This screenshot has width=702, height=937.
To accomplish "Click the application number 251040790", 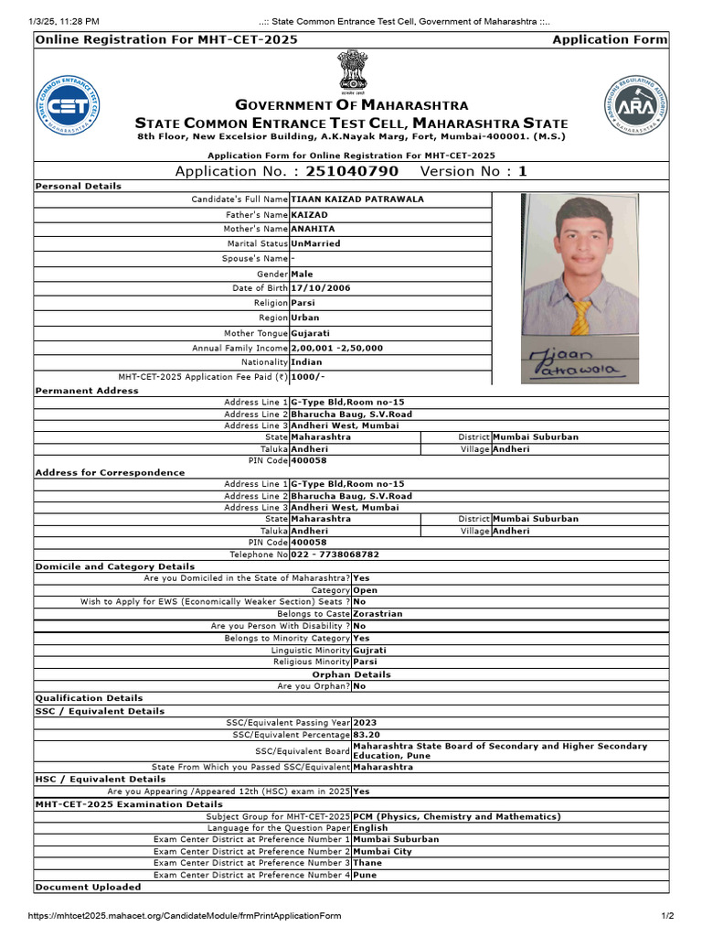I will (x=352, y=171).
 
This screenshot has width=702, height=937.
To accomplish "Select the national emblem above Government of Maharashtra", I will (x=352, y=70).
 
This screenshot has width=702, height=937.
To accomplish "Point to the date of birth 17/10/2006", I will (x=320, y=288).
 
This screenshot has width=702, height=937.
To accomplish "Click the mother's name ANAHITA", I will (x=313, y=229).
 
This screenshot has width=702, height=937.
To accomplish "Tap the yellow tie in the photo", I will (x=580, y=317).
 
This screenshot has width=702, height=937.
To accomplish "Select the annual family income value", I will (x=336, y=349).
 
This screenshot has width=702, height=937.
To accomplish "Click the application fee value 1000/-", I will (x=308, y=377).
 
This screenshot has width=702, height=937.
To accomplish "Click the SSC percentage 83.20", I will (x=367, y=735).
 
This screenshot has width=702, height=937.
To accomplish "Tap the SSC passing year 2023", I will (x=364, y=723).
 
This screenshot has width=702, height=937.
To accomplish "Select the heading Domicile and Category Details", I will (x=115, y=566).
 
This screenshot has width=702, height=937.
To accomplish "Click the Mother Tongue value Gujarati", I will (x=311, y=333).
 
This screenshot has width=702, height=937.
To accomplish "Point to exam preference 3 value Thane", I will (x=367, y=863).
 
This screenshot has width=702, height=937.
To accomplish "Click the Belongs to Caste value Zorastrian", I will (x=378, y=614).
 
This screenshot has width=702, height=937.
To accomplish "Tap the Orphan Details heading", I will (x=352, y=674).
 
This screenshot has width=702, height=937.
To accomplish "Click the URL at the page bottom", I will (x=185, y=916).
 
